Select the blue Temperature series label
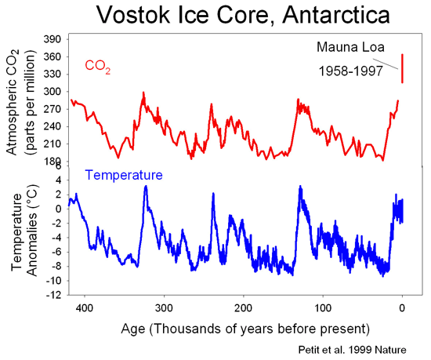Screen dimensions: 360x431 124,175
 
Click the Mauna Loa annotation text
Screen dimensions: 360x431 349,48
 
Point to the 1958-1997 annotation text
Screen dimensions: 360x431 350,71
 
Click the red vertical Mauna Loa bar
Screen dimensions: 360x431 402,68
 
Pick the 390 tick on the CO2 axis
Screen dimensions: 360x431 53,39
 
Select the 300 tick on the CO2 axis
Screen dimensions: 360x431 53,91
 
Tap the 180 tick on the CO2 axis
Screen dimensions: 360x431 53,162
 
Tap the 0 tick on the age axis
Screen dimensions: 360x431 402,307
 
